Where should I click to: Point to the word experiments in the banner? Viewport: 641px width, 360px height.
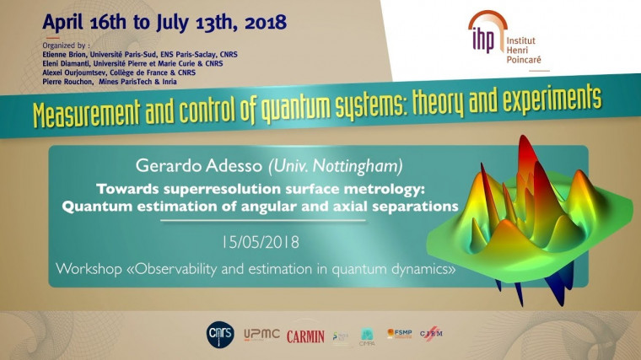(543, 100)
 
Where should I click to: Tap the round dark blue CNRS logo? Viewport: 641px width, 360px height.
(221, 335)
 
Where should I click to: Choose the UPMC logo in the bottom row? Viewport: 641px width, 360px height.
(262, 336)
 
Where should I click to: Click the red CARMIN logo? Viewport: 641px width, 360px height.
(305, 336)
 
